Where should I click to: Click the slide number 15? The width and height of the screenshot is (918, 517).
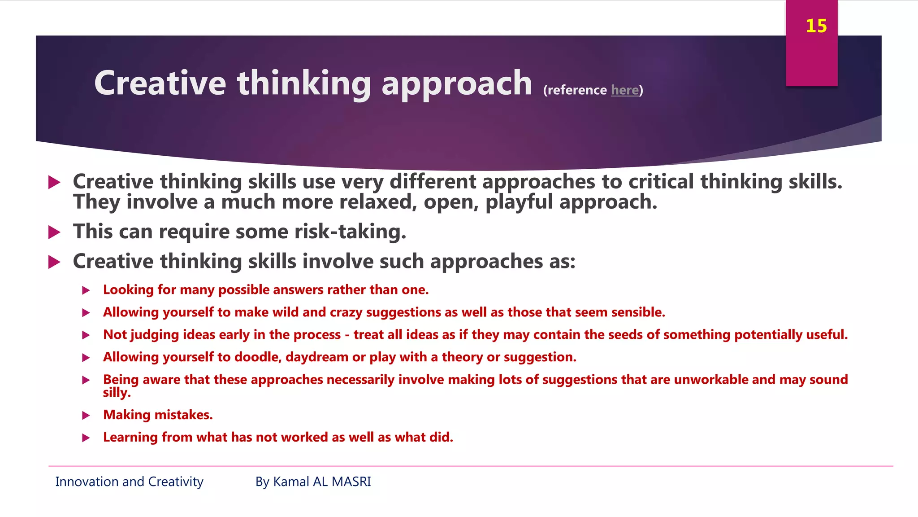[x=816, y=26]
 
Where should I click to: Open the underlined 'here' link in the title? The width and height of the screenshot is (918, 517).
[x=625, y=90]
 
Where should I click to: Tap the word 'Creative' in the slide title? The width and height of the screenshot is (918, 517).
[x=160, y=83]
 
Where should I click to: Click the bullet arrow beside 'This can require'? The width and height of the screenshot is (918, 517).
[x=54, y=232]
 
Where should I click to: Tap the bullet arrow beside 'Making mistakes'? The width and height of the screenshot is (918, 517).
[x=86, y=416]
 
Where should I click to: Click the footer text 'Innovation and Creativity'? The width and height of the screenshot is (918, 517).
[x=129, y=482]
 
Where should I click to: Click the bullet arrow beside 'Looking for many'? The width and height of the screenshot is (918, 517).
[x=86, y=290]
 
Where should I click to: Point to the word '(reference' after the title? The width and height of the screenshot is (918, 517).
[x=575, y=90]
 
